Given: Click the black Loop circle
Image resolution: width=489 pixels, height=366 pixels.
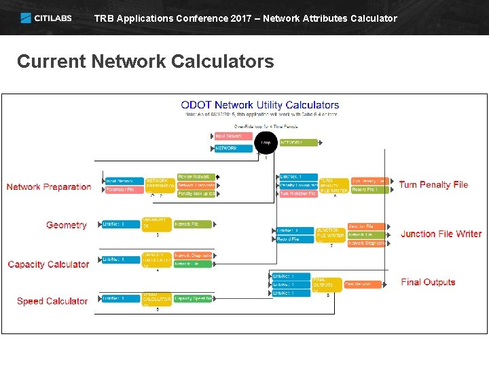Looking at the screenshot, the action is (x=266, y=142).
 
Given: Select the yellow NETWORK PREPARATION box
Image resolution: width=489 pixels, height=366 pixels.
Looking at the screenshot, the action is (x=159, y=185).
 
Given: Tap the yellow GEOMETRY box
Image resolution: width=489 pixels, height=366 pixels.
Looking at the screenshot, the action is (x=156, y=224).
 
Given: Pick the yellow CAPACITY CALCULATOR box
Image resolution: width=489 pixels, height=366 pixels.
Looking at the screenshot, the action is (x=156, y=260).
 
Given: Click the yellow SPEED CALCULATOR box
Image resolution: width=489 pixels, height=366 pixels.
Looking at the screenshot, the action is (x=156, y=299).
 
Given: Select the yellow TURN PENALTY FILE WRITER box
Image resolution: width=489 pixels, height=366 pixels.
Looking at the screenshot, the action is (x=333, y=185).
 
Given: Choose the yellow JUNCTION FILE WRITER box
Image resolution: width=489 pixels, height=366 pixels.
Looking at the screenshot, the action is (x=331, y=234).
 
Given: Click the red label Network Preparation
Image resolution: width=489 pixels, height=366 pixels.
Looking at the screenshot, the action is (x=49, y=187).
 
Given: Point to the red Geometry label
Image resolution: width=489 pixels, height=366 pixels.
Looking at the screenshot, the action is (x=66, y=225).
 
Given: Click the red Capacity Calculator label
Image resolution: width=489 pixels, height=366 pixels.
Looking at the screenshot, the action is (x=48, y=264).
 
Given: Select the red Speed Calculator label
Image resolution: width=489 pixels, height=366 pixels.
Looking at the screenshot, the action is (x=52, y=301).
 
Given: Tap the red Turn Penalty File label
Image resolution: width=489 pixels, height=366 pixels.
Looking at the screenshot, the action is (x=433, y=184).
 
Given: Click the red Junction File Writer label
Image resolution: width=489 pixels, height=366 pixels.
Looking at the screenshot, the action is (x=441, y=234).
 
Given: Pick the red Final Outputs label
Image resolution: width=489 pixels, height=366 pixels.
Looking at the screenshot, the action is (x=428, y=282).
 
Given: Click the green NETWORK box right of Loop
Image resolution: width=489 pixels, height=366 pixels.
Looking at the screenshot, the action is (x=298, y=142).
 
